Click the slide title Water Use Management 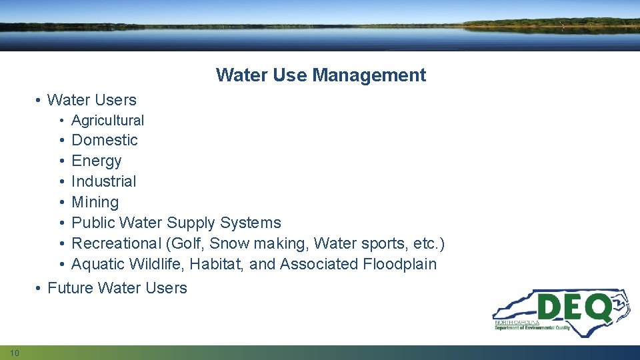[x=321, y=75]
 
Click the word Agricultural [x=107, y=121]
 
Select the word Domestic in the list [x=104, y=140]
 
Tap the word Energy [x=97, y=161]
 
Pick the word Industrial [x=103, y=181]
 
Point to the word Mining [x=95, y=203]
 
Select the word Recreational [x=116, y=243]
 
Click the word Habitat [x=218, y=264]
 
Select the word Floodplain [x=400, y=264]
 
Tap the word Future [x=70, y=288]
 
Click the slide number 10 [x=15, y=352]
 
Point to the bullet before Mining [x=60, y=202]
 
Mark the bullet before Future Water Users [x=39, y=288]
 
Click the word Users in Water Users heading [x=115, y=100]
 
